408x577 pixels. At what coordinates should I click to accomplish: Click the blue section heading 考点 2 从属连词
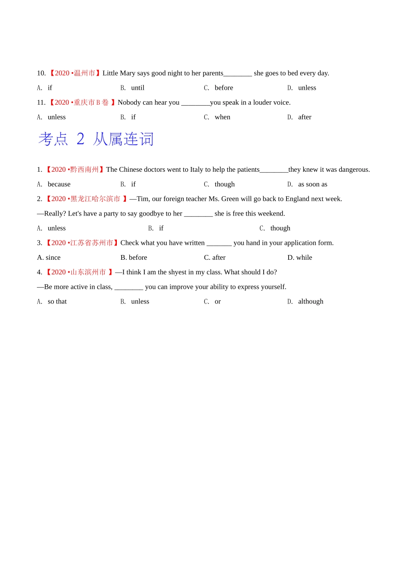tap(96, 139)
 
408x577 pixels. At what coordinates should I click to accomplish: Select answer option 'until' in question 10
tap(137, 88)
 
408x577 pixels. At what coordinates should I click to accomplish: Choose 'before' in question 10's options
tap(224, 88)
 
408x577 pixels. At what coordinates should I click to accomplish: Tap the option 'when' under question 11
tap(222, 117)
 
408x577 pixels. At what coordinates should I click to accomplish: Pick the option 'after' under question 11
tap(304, 117)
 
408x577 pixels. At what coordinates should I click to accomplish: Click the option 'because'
tap(59, 184)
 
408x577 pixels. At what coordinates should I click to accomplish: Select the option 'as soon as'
tap(313, 184)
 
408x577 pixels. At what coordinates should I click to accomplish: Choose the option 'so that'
tap(57, 301)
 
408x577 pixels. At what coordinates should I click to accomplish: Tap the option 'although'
tap(311, 301)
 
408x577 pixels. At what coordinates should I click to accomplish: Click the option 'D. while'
tap(300, 258)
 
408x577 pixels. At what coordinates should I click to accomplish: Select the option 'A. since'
tap(49, 258)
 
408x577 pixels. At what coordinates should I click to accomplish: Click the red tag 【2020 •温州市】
tap(74, 73)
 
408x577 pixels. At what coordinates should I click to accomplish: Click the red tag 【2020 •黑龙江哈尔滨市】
tap(86, 199)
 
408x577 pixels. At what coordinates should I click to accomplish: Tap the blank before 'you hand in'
tap(219, 243)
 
